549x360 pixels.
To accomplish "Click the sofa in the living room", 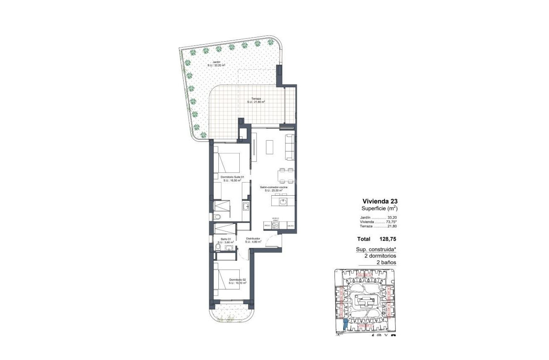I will coord(290,147).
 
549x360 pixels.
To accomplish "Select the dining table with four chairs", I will coord(286,176).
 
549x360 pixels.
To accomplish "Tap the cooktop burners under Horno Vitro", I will coord(276,225).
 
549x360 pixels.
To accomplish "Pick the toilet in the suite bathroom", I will coord(216,217).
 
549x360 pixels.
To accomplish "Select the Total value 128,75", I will coord(388,239).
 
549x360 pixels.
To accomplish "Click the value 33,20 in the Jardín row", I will coord(392,217).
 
